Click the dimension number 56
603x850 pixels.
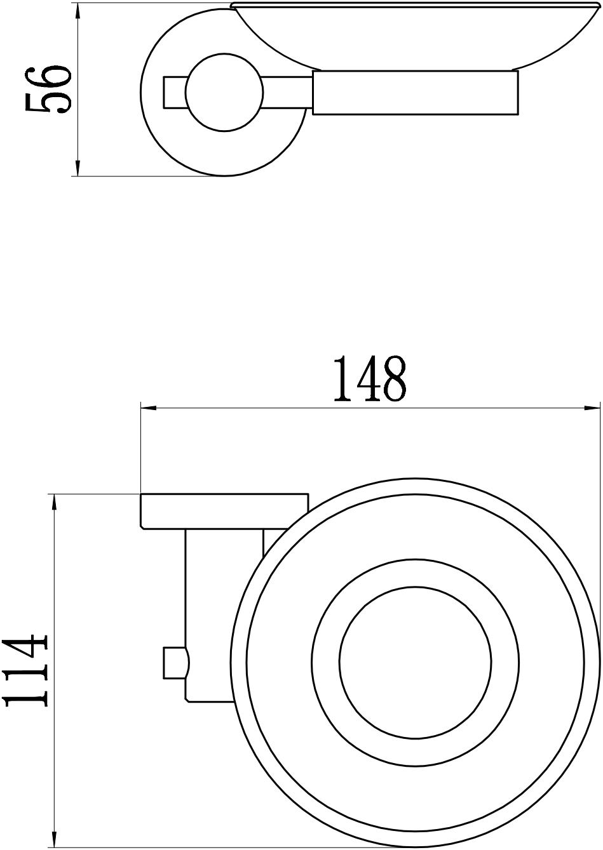pyautogui.click(x=48, y=90)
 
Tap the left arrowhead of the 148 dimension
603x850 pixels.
pyautogui.click(x=149, y=408)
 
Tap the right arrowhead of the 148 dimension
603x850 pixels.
pyautogui.click(x=592, y=408)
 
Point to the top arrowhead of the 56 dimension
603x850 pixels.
pyautogui.click(x=78, y=11)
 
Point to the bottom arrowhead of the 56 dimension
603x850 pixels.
pyautogui.click(x=78, y=168)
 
